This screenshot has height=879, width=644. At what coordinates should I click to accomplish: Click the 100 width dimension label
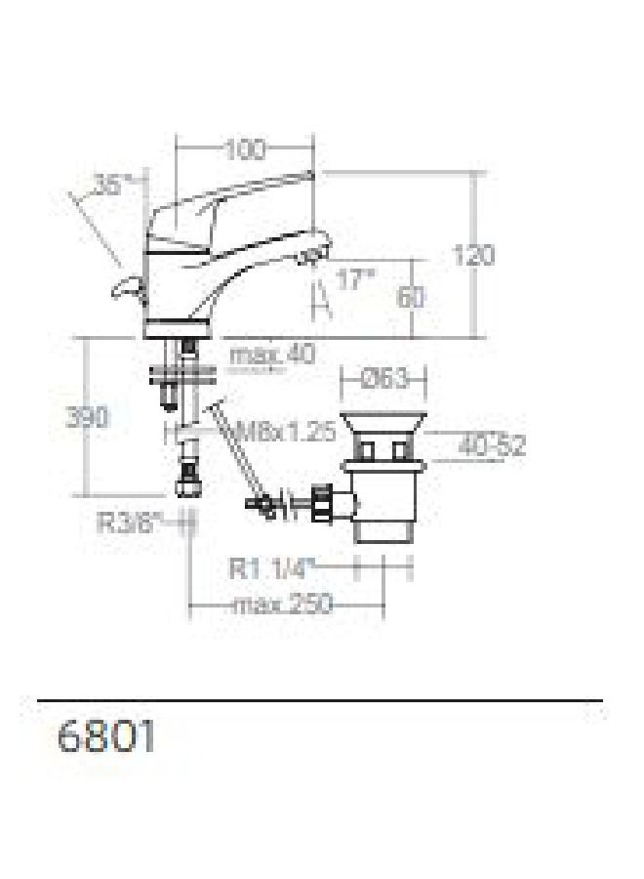click(244, 150)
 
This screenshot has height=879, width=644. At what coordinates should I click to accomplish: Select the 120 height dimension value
click(473, 256)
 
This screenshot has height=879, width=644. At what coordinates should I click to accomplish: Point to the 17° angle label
click(355, 280)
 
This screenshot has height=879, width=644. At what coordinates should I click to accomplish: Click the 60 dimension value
click(411, 297)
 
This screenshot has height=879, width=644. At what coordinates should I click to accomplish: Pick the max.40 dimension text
click(273, 355)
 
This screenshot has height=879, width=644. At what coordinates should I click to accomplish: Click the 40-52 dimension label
click(493, 446)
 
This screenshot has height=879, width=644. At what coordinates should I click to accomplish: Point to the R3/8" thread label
click(128, 523)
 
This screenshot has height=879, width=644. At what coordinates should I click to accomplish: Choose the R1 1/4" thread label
click(275, 566)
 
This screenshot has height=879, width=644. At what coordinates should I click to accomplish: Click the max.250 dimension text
click(282, 606)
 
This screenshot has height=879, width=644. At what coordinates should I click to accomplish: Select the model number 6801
click(107, 736)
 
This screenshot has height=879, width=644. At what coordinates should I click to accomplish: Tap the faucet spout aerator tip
click(310, 258)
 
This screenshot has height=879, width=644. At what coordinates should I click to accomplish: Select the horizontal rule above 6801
click(320, 700)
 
